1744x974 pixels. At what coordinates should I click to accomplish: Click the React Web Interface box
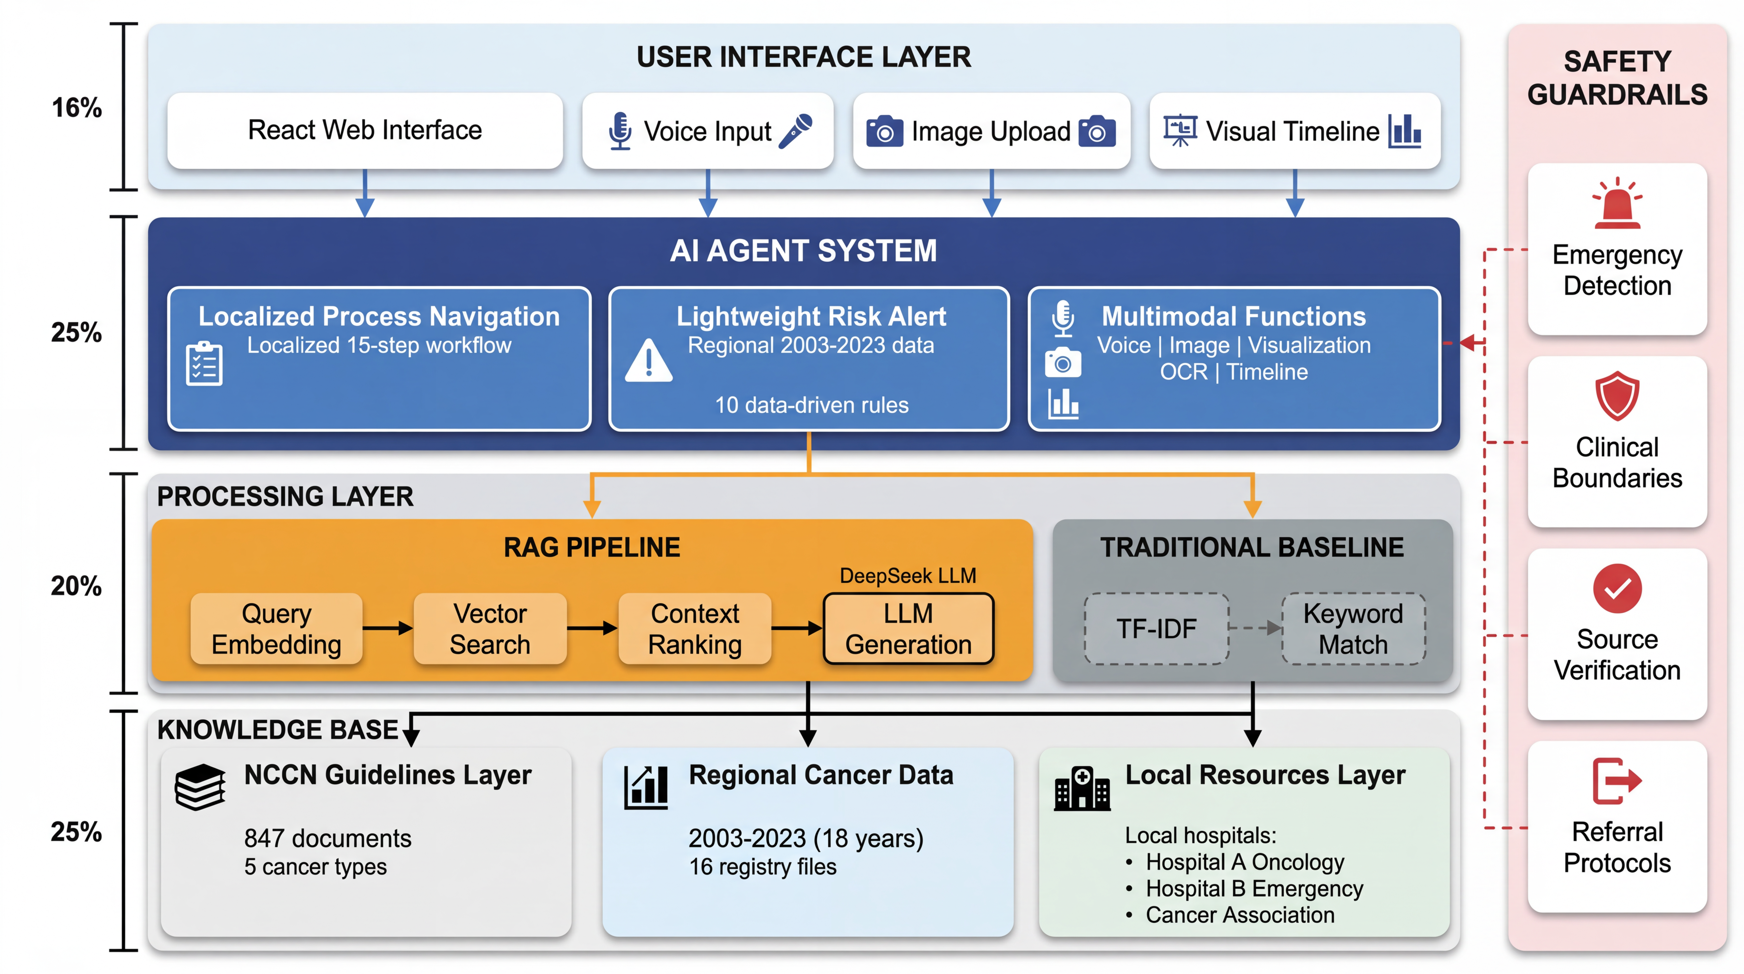click(365, 130)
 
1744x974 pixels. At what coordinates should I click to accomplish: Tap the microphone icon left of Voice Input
click(619, 131)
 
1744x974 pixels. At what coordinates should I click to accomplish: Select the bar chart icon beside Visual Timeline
click(1405, 131)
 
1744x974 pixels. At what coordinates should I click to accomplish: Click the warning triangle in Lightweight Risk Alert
click(649, 361)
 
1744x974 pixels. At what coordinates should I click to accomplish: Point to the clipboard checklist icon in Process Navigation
click(204, 364)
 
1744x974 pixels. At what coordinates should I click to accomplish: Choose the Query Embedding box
click(276, 628)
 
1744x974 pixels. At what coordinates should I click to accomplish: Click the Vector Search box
click(490, 628)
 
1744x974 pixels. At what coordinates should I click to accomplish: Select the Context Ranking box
click(695, 628)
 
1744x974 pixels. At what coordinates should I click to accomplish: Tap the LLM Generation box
click(908, 628)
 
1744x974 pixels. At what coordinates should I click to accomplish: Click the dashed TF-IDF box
click(1156, 628)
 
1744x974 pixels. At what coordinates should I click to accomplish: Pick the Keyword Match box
click(1353, 628)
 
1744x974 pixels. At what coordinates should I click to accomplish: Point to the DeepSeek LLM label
click(908, 576)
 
